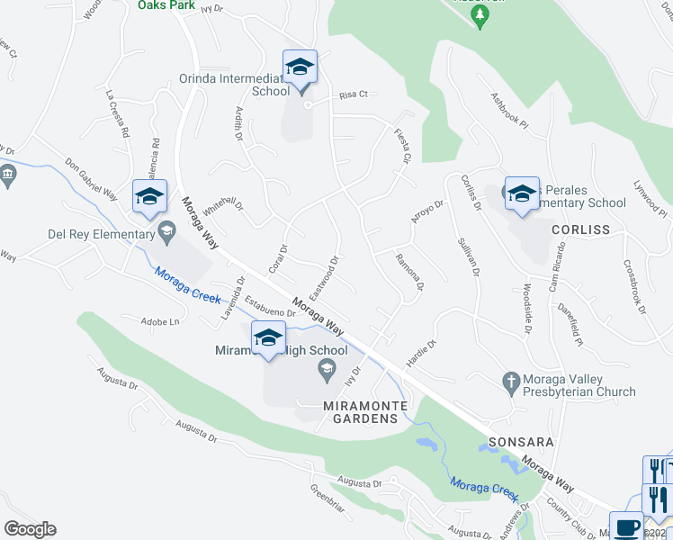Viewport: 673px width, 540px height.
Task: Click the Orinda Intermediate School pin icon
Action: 301,69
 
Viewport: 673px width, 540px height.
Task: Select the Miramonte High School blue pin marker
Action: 268,339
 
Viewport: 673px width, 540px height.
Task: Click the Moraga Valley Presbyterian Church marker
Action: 511,380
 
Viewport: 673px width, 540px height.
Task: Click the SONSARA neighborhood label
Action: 519,444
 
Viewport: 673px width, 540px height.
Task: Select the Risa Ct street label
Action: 354,94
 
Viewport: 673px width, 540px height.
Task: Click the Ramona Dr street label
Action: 409,271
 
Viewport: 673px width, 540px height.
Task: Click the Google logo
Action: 30,529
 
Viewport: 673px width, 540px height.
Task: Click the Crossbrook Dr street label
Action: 634,286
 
